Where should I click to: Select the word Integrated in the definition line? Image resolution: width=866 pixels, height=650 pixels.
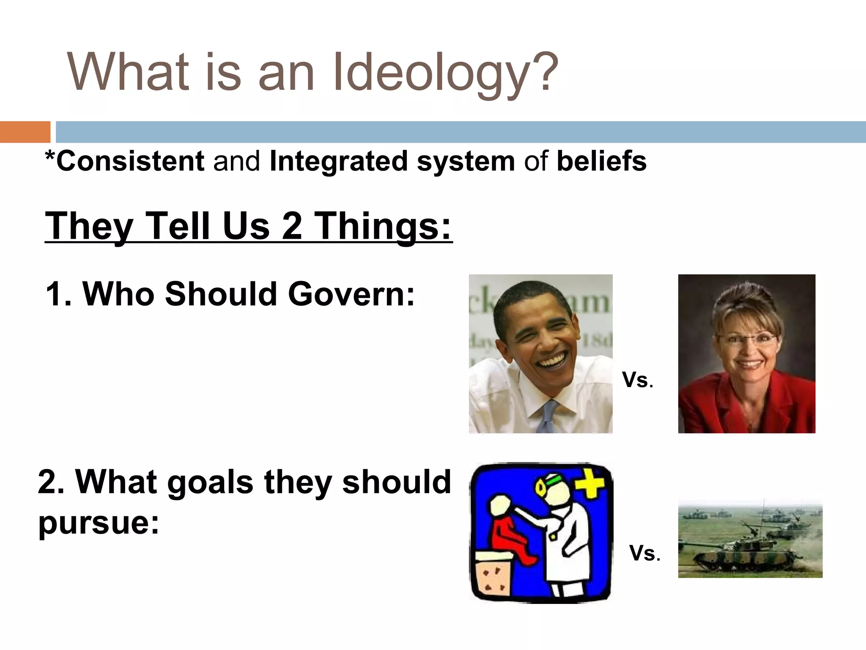(338, 161)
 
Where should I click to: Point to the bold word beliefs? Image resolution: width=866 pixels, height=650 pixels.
(601, 161)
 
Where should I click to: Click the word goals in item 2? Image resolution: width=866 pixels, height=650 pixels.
(210, 482)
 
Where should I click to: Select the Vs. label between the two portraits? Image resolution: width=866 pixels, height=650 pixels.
(637, 380)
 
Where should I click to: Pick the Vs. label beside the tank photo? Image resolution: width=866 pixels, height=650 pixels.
(644, 553)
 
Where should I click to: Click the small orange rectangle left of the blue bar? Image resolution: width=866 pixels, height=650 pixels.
(25, 132)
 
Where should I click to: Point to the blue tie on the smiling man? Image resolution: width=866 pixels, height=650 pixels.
(548, 417)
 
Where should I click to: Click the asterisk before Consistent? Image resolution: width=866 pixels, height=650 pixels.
(50, 157)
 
